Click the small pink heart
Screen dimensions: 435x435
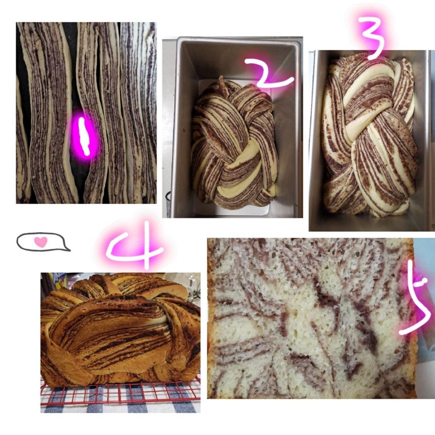coord(41,242)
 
